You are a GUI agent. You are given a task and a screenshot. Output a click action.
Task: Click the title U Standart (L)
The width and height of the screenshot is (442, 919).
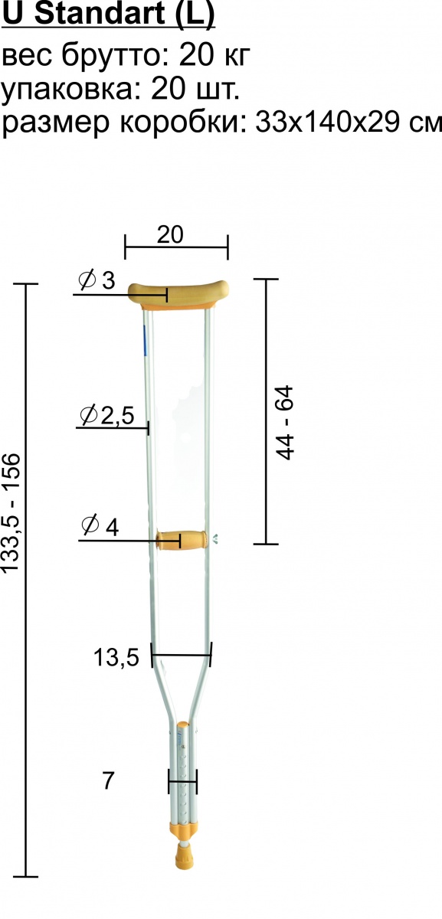(108, 14)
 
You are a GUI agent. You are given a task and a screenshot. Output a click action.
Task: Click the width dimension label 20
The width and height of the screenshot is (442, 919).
(170, 235)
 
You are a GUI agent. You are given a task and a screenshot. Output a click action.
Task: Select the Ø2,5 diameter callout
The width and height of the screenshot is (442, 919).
(107, 415)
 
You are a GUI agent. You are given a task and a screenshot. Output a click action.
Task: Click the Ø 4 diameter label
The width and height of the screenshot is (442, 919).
(100, 526)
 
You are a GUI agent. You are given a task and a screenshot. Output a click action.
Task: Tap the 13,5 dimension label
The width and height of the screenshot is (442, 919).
(116, 658)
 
